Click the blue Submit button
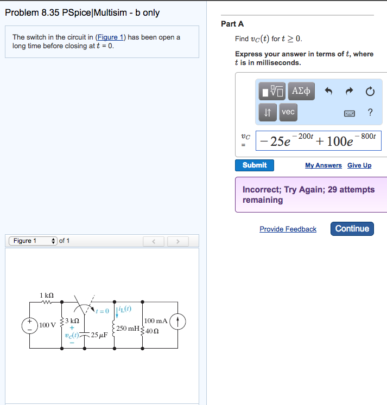(254, 165)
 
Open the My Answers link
(323, 165)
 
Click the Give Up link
(359, 165)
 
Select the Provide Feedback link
(288, 229)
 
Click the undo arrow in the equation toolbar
(328, 91)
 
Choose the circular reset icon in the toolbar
(370, 91)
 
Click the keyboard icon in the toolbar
(349, 113)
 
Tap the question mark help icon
(370, 112)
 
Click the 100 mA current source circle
(179, 322)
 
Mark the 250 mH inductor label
(128, 329)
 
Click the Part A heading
(232, 24)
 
